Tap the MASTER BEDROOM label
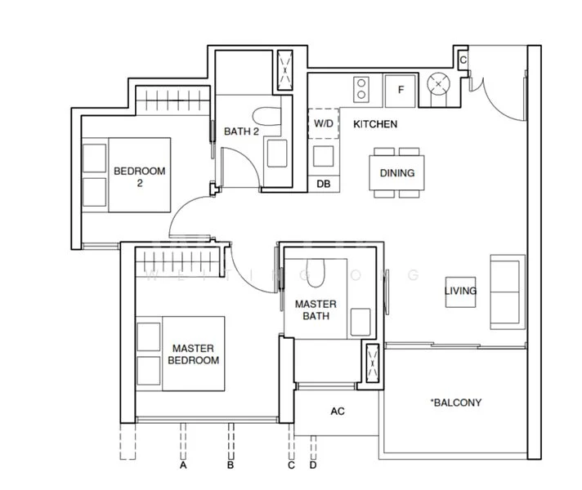tap(193, 354)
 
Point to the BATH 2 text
tap(240, 131)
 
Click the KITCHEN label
tap(374, 125)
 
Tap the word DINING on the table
tap(397, 173)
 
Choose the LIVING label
tap(460, 291)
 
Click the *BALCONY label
tap(455, 403)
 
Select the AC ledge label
tap(337, 411)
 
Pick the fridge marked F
tap(401, 89)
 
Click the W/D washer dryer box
tap(324, 123)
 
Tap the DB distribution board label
tap(324, 185)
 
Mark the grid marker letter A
tap(184, 466)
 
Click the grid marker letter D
tap(312, 466)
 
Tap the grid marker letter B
tap(231, 466)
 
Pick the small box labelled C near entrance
tap(463, 60)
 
